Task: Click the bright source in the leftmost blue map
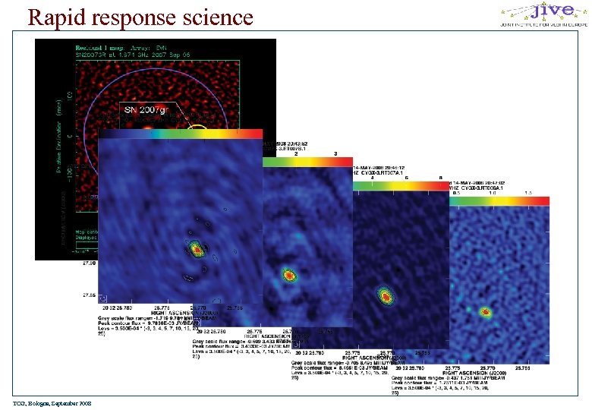click(196, 247)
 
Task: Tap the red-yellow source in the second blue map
click(288, 275)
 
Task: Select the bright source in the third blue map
click(385, 294)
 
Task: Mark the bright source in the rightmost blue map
click(486, 311)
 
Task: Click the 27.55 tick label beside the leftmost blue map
click(90, 295)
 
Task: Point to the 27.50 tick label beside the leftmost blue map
click(90, 264)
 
